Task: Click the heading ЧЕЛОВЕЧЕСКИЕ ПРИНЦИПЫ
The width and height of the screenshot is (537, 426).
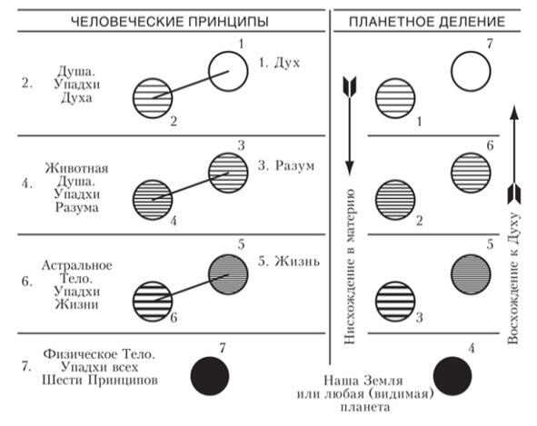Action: pyautogui.click(x=170, y=21)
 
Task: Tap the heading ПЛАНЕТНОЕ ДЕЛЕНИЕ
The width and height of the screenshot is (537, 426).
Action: pyautogui.click(x=427, y=21)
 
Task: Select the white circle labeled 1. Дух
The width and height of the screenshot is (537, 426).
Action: pyautogui.click(x=228, y=71)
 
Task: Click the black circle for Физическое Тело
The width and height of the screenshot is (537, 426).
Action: pyautogui.click(x=210, y=376)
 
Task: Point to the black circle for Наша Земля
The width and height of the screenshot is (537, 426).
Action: pyautogui.click(x=452, y=376)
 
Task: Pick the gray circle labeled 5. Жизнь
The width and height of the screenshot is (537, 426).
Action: pyautogui.click(x=228, y=274)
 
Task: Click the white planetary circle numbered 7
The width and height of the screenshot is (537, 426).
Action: pyautogui.click(x=471, y=71)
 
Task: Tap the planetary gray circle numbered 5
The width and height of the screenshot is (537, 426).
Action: pyautogui.click(x=471, y=274)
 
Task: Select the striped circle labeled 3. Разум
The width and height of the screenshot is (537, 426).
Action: pyautogui.click(x=228, y=173)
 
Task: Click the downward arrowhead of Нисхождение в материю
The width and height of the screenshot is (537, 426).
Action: pyautogui.click(x=349, y=168)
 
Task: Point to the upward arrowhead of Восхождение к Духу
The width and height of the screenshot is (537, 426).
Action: pyautogui.click(x=513, y=113)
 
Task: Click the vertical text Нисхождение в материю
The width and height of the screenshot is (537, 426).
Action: pyautogui.click(x=349, y=266)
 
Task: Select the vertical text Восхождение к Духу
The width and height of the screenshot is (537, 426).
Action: pyautogui.click(x=513, y=279)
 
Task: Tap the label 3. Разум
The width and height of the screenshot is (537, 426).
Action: pyautogui.click(x=286, y=165)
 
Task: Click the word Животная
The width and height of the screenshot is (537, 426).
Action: pyautogui.click(x=76, y=168)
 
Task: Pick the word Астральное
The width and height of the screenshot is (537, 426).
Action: pyautogui.click(x=76, y=265)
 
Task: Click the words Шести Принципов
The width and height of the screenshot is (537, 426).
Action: pyautogui.click(x=100, y=380)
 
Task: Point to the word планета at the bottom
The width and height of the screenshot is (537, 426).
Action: pyautogui.click(x=365, y=408)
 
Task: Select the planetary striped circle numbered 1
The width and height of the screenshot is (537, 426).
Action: pyautogui.click(x=395, y=98)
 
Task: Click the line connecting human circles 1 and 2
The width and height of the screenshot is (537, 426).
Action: pyautogui.click(x=191, y=84)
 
